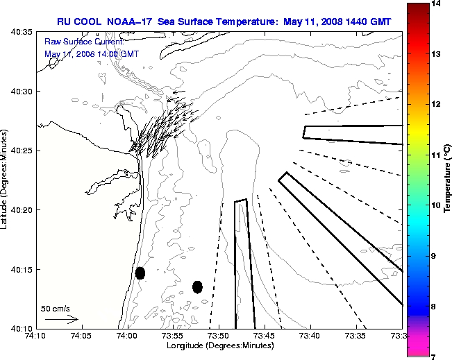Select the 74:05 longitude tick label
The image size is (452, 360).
click(x=81, y=336)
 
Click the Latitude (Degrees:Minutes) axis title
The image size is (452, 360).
click(x=6, y=180)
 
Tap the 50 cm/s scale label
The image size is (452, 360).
click(x=56, y=309)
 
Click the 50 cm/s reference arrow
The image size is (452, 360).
click(x=61, y=320)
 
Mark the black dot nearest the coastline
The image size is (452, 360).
click(x=140, y=273)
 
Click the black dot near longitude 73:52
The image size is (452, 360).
click(x=197, y=286)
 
